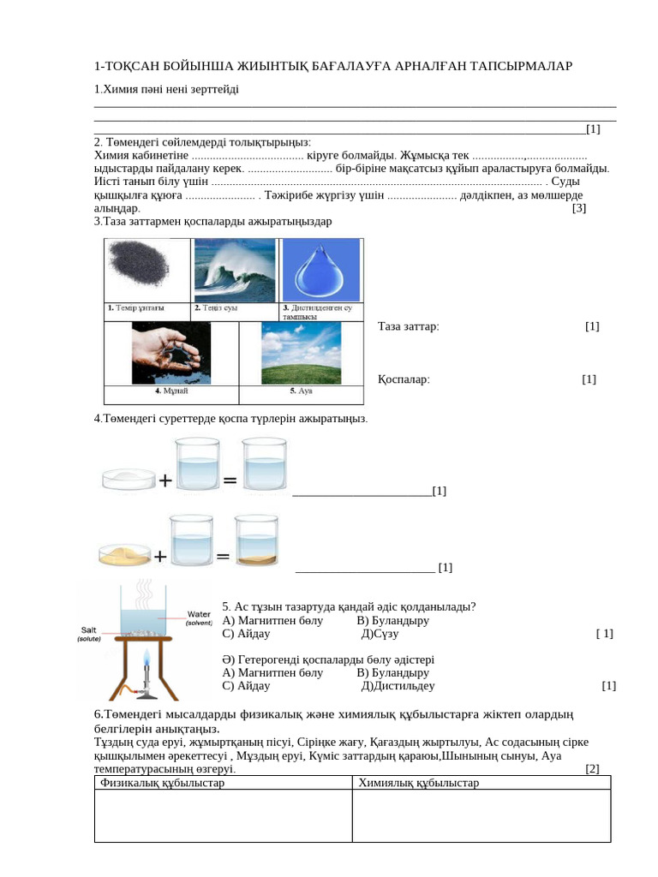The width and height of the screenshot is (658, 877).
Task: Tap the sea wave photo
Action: (x=235, y=270)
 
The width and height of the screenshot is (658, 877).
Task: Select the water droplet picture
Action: (x=321, y=270)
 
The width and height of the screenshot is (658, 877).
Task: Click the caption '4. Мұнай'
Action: (x=171, y=391)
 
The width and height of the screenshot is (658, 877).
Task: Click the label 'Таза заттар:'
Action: (x=408, y=326)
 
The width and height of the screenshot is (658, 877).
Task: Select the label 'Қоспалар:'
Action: (x=404, y=379)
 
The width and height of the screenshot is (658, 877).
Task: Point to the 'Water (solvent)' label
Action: (x=199, y=618)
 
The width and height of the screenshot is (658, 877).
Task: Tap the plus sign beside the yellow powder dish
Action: (x=160, y=557)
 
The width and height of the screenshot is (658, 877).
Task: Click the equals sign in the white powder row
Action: (x=230, y=480)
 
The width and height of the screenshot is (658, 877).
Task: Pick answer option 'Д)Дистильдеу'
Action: (x=398, y=686)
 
